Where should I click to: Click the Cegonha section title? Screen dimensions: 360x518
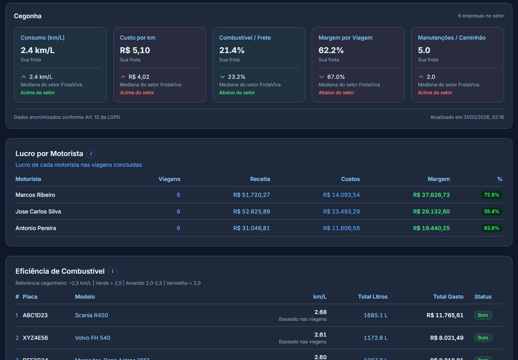28,16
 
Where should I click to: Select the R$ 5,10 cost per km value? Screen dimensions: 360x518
135,50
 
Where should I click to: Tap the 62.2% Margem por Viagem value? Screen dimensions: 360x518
331,50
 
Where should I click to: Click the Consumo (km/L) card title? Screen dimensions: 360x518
42,38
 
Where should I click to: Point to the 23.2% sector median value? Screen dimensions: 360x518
237,77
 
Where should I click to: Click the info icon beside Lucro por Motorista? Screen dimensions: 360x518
91,153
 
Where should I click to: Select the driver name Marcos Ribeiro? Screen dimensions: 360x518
35,195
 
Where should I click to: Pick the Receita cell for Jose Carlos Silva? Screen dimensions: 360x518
252,212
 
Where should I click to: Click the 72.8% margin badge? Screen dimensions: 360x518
492,195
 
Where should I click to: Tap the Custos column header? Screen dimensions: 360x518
350,179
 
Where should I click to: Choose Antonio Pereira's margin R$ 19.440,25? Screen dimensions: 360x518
431,228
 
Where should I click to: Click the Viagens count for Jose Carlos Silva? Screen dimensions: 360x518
178,212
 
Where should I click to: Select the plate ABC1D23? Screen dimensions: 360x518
35,315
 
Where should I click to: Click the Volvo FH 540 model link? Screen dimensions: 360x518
92,338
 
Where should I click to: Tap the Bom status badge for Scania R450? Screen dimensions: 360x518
483,315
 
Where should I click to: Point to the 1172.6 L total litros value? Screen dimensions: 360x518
376,338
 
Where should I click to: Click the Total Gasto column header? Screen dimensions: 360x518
448,297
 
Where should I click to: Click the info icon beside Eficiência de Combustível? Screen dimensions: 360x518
112,271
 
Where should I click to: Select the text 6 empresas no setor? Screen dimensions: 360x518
481,16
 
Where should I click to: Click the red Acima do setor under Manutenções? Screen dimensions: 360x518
435,92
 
